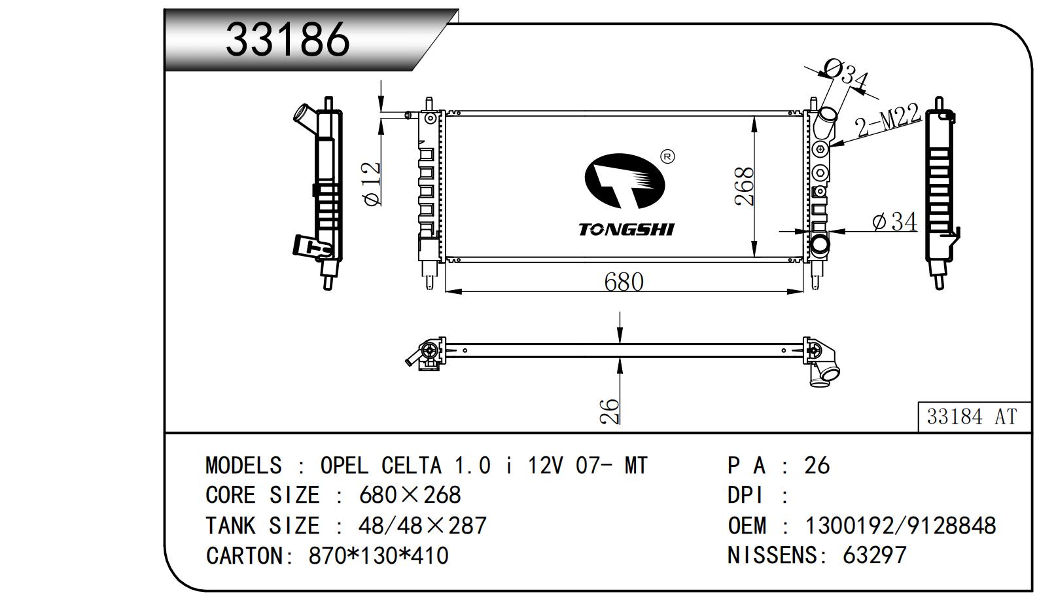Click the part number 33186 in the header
288,39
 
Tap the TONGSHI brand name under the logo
626,229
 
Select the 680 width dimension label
624,282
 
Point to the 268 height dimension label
745,187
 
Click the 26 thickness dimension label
609,411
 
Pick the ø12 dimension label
372,184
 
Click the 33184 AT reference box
972,416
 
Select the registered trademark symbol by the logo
667,156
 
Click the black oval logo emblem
624,181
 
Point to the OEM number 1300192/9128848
900,525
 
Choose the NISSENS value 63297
874,555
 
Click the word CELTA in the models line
411,466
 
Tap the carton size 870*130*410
378,556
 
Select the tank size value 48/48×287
422,525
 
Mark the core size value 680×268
410,495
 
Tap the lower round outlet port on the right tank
820,246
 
